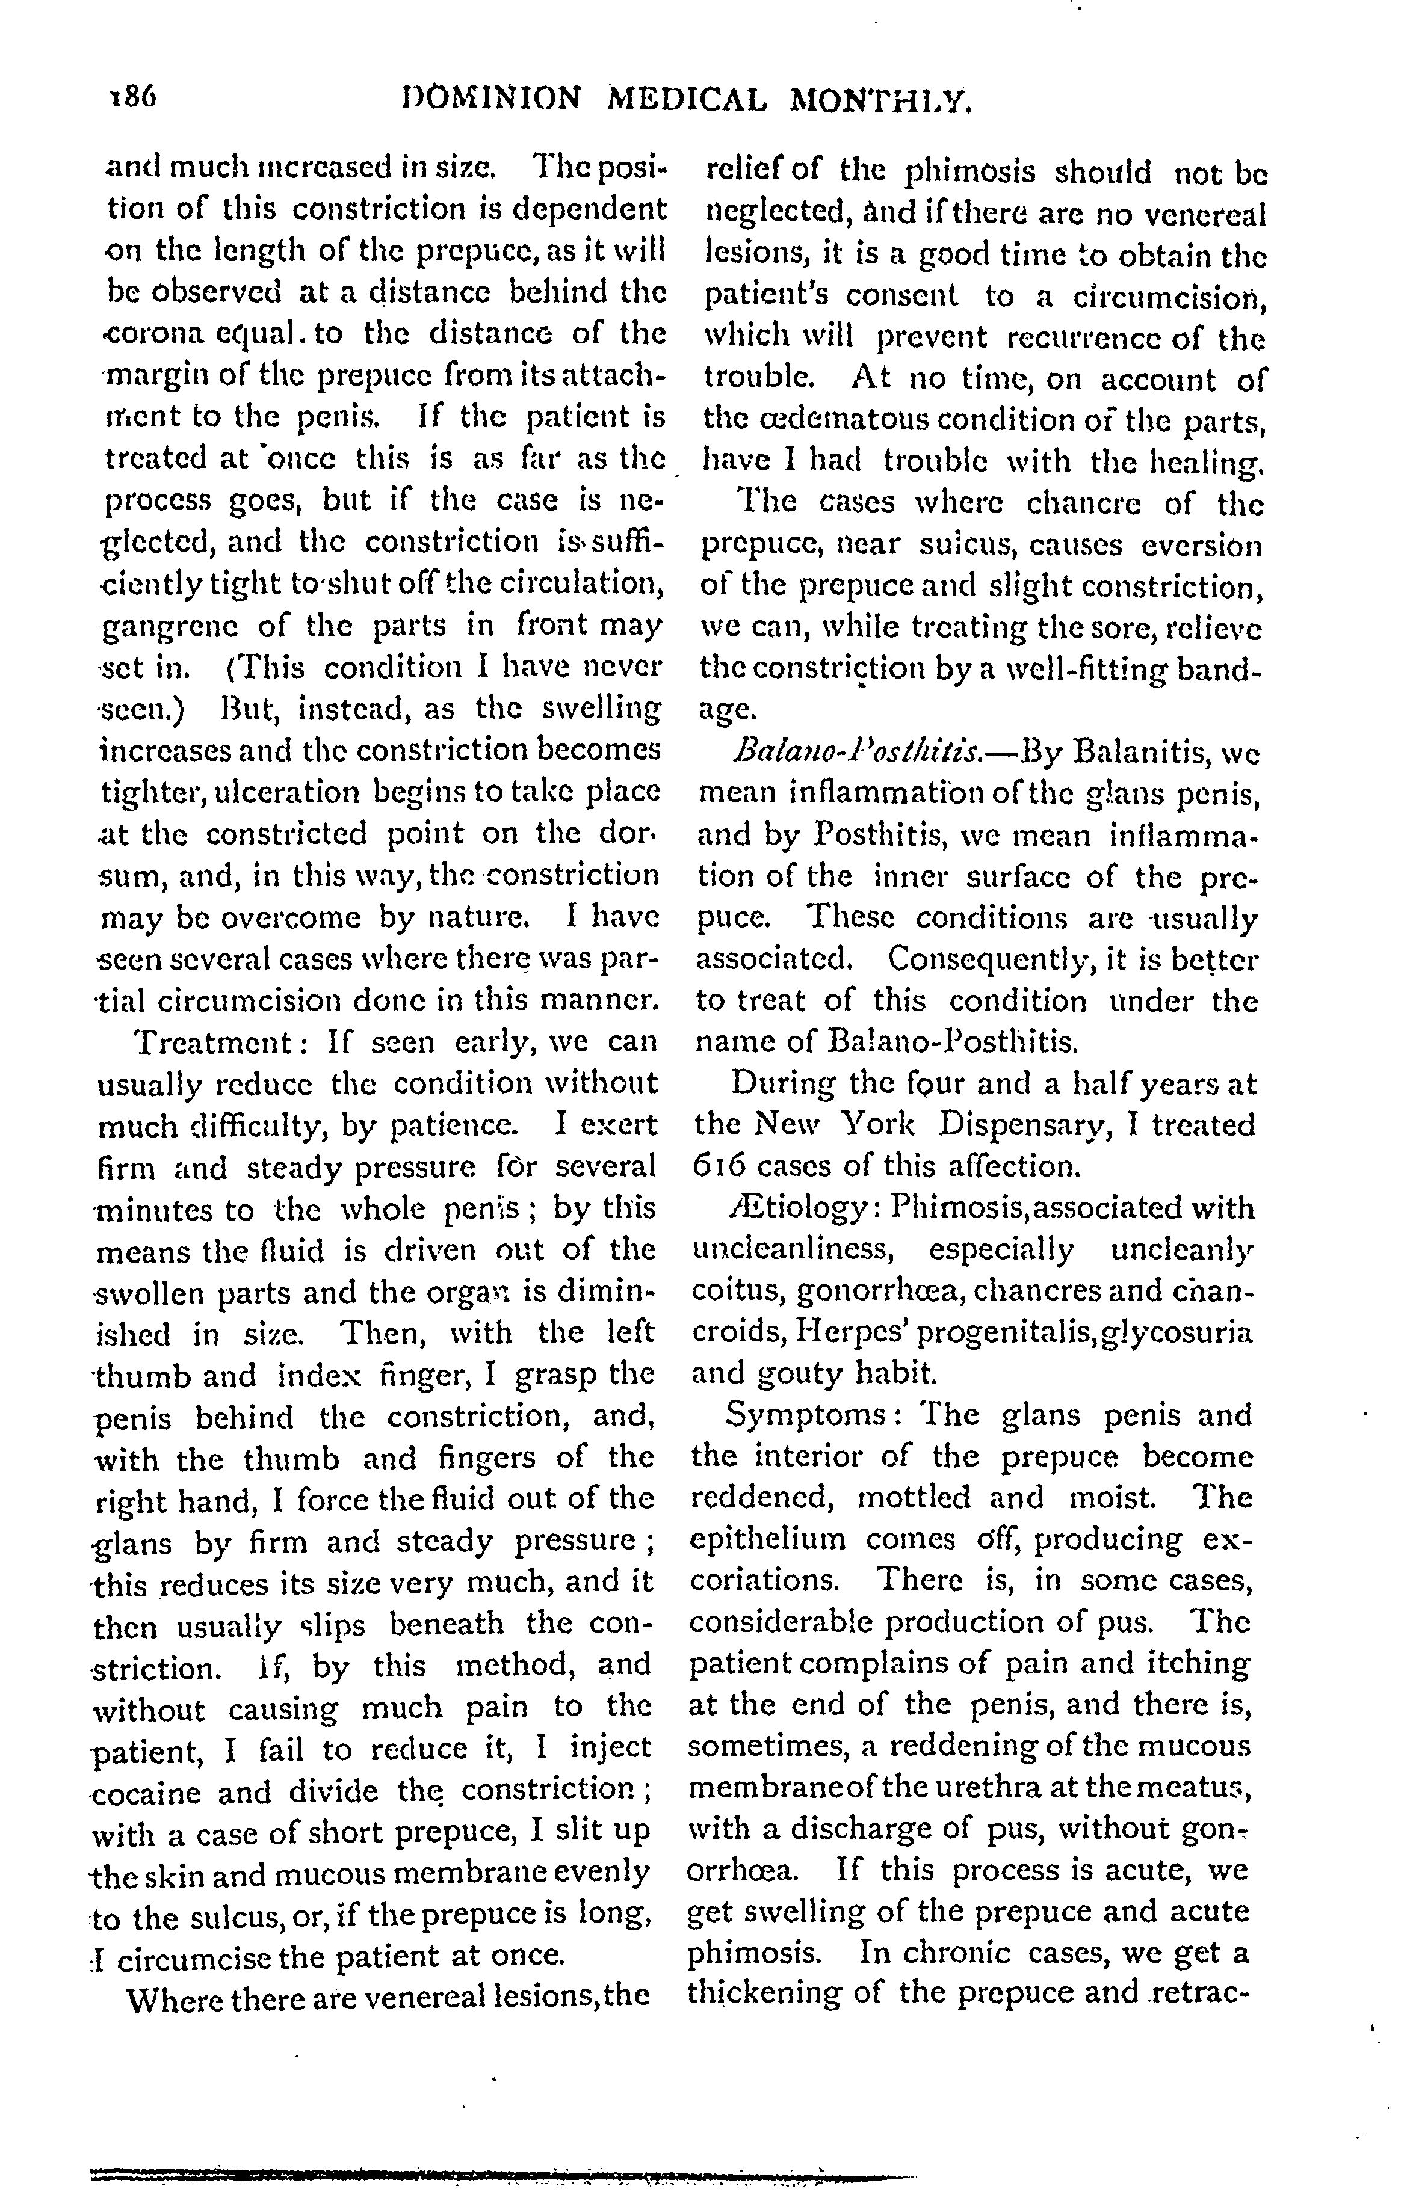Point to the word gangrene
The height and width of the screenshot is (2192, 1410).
click(x=163, y=629)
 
